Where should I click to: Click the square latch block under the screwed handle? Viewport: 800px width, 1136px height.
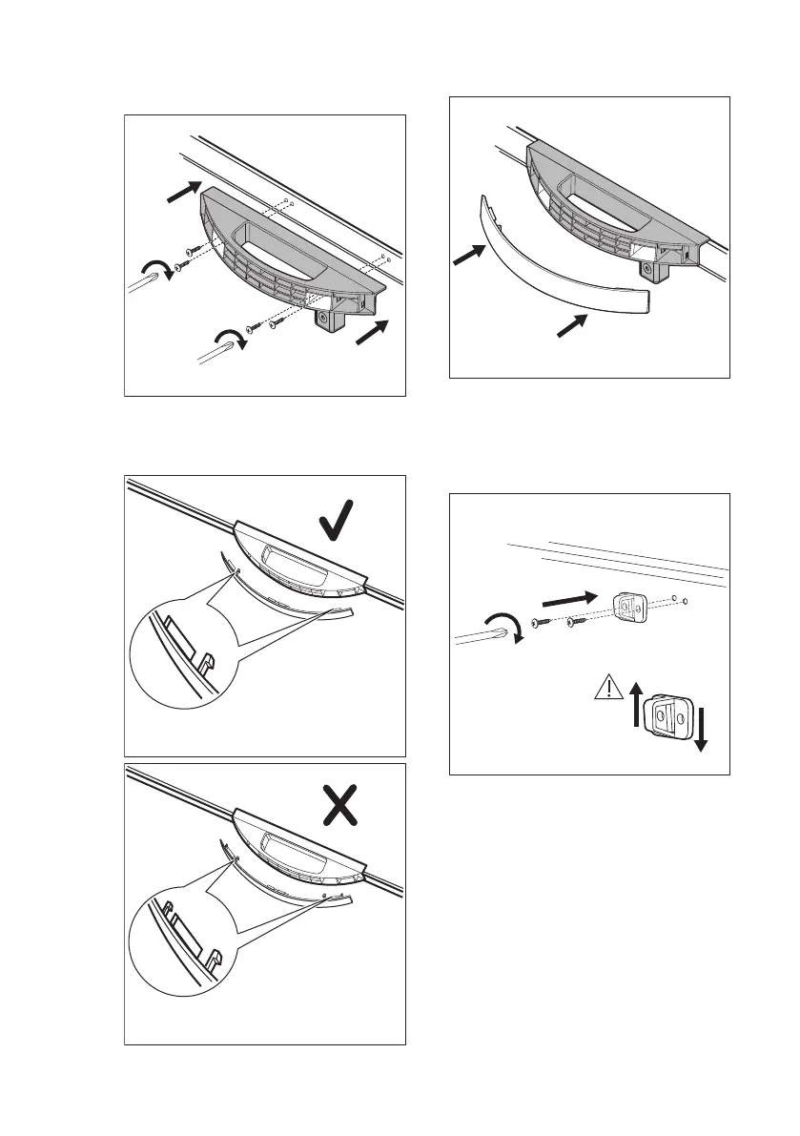330,323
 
